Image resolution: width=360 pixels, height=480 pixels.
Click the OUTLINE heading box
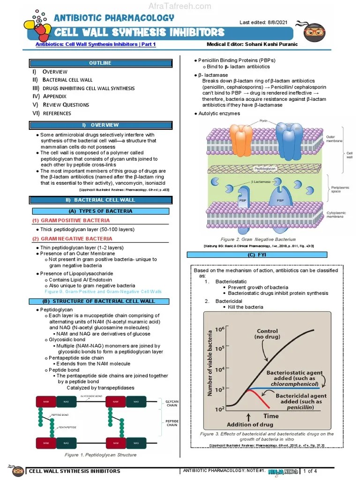pyautogui.click(x=100, y=63)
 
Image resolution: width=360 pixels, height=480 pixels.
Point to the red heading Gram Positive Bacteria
pyautogui.click(x=71, y=220)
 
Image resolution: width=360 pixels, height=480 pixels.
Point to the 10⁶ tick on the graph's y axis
pyautogui.click(x=219, y=330)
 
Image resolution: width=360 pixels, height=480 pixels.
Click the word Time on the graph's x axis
pyautogui.click(x=270, y=415)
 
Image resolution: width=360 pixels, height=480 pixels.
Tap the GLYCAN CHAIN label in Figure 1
pyautogui.click(x=172, y=404)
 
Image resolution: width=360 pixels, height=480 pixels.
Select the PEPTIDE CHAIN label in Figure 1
pyautogui.click(x=172, y=423)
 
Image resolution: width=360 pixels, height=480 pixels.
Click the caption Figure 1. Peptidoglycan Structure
pyautogui.click(x=100, y=455)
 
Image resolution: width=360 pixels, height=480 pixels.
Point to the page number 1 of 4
pyautogui.click(x=310, y=471)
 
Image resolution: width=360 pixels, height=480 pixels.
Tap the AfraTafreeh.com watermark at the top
pyautogui.click(x=180, y=6)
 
